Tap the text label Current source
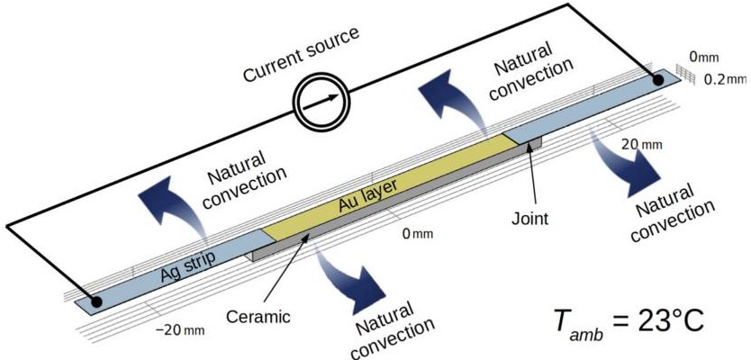(302, 54)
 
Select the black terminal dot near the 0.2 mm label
(658, 80)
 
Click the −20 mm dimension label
(180, 330)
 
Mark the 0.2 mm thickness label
(726, 79)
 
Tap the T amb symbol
(568, 323)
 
